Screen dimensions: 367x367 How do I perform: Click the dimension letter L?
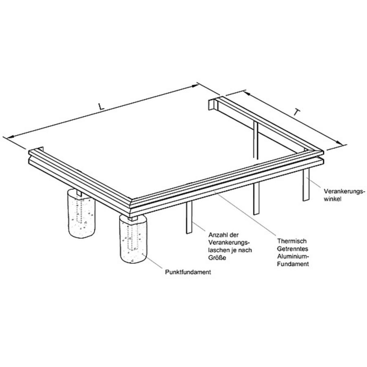pos(101,106)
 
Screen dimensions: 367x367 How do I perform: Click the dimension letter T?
pos(296,113)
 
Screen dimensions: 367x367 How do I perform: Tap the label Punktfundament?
pos(188,272)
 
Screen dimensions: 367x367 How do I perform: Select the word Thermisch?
pos(292,241)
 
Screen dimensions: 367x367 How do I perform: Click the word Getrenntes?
pos(292,249)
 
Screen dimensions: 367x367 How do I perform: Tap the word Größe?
pos(217,258)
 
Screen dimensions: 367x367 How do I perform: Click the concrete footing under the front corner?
pos(133,239)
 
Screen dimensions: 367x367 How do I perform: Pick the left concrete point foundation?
pos(82,213)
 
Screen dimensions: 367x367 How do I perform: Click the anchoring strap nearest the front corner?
pos(189,217)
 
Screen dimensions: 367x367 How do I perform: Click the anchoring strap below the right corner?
pos(306,184)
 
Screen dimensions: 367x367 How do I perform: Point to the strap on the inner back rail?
pos(256,139)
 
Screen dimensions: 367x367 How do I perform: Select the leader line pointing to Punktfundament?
pos(154,262)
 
